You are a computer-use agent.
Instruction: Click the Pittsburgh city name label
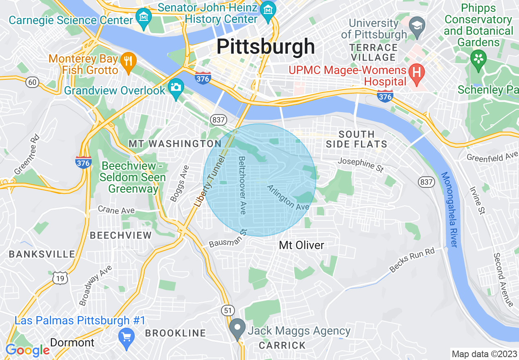(x=266, y=46)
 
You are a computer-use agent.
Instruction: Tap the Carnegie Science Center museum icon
(x=144, y=18)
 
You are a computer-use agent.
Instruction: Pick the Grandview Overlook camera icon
(x=176, y=88)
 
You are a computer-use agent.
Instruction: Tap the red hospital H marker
(x=417, y=72)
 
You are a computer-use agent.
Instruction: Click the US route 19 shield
(x=60, y=278)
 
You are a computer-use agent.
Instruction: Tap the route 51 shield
(x=228, y=310)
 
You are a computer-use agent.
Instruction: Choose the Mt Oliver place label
(x=301, y=245)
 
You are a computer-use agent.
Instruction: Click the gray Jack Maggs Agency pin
(x=237, y=328)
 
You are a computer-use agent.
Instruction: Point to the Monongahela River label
(x=449, y=209)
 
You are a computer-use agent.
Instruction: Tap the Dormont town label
(x=72, y=342)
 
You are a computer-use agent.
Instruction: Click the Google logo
(x=27, y=350)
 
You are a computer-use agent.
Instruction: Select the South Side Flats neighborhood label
(x=357, y=139)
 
